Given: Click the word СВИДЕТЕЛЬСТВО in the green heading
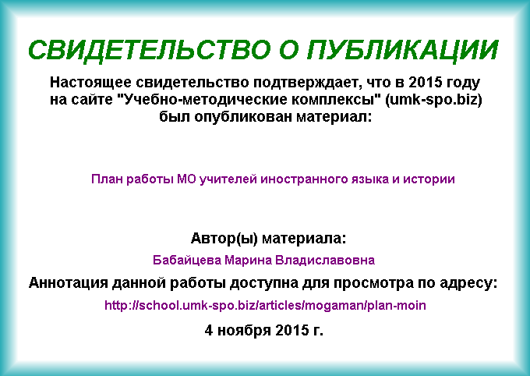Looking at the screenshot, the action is pos(150,50).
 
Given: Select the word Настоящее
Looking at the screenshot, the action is pos(91,83).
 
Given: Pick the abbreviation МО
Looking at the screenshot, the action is pos(186,179).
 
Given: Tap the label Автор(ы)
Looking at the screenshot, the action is pos(224,239).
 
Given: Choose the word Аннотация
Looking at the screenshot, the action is pos(68,283).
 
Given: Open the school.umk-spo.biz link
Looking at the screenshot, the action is pos(265,305).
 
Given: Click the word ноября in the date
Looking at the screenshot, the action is pos(244,330).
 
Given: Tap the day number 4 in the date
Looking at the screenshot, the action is pos(209,330).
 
